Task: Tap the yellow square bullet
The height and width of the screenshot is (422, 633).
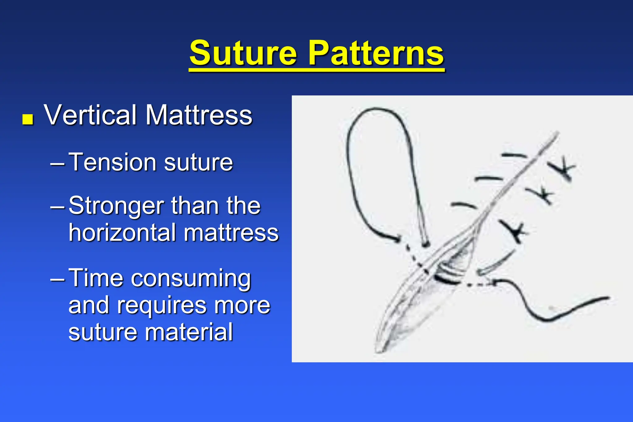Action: point(28,119)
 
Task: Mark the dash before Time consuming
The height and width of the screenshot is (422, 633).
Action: point(57,278)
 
